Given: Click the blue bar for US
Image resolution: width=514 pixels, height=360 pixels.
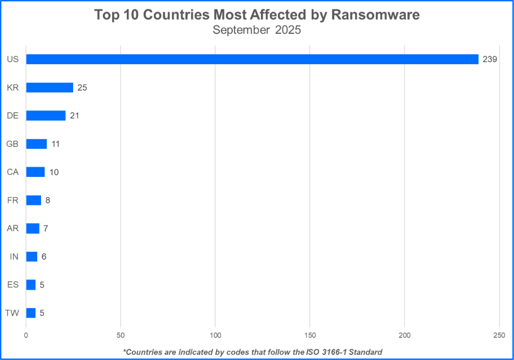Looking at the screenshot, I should coord(252,59).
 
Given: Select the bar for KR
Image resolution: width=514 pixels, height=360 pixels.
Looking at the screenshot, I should coord(50,87).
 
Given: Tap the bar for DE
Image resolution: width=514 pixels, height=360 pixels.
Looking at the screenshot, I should coord(46,115).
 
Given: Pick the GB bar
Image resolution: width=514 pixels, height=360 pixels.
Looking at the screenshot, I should coord(36,144).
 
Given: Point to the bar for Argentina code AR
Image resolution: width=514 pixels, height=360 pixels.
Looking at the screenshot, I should coord(33,228).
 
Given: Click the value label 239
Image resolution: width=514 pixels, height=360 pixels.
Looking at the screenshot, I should coord(489,59).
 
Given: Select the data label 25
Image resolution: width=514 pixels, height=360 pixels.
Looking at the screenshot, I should coord(82,87).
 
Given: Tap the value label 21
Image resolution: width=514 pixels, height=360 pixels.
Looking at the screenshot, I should coord(74,115).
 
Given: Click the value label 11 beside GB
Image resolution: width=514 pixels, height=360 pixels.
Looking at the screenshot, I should coord(55,144).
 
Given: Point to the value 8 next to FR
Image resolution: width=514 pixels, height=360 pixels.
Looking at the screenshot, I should coord(48,200).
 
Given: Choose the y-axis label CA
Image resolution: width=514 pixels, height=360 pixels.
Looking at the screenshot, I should coord(12,172).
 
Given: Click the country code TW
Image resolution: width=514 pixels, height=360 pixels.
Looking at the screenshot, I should coord(12,313).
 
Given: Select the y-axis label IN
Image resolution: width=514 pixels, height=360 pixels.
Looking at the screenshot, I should coord(14,256).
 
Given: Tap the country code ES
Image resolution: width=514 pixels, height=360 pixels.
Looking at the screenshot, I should coord(12,285).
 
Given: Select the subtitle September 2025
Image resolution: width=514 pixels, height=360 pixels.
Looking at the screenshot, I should coord(256,30).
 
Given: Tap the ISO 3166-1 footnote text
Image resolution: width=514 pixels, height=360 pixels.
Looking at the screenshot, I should coord(252,352).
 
